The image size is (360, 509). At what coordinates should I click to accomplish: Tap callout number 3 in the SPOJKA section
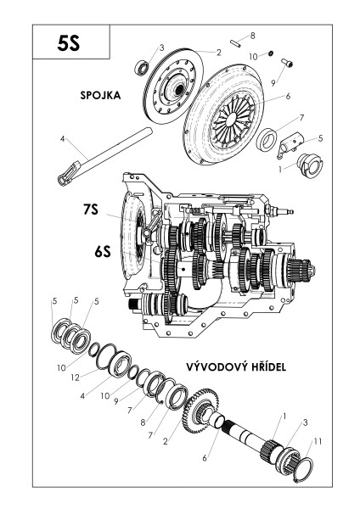160,47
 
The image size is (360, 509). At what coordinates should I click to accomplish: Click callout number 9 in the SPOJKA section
273,82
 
